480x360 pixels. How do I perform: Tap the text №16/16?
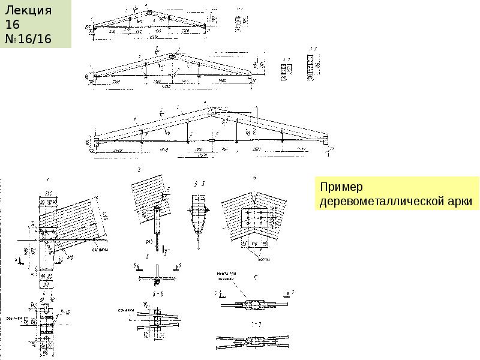pos(28,39)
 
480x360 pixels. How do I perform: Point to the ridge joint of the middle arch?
pos(172,56)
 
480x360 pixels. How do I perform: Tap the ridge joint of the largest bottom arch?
pos(212,111)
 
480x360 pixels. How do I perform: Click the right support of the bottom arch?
pos(325,142)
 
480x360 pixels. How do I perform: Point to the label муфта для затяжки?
pos(227,277)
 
